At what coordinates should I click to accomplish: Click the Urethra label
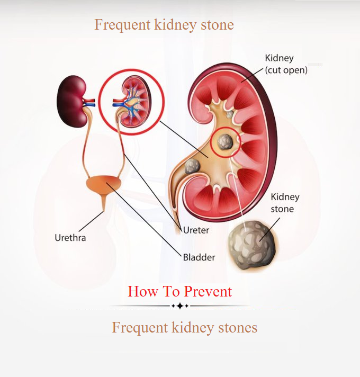pyautogui.click(x=70, y=238)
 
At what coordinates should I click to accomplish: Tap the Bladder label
pyautogui.click(x=199, y=257)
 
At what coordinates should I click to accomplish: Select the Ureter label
pyautogui.click(x=196, y=230)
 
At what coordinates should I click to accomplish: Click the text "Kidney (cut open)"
pyautogui.click(x=286, y=64)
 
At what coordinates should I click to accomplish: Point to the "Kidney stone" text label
pyautogui.click(x=285, y=203)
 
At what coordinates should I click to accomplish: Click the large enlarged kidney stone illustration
pyautogui.click(x=252, y=245)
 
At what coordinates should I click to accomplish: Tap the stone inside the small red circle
pyautogui.click(x=225, y=142)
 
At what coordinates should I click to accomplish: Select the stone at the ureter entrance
pyautogui.click(x=192, y=166)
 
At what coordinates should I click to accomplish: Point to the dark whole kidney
pyautogui.click(x=71, y=101)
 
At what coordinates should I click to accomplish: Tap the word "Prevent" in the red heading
pyautogui.click(x=208, y=291)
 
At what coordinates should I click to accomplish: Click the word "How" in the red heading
pyautogui.click(x=143, y=291)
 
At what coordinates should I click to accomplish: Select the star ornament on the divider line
pyautogui.click(x=180, y=306)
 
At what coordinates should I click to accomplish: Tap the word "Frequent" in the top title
pyautogui.click(x=123, y=25)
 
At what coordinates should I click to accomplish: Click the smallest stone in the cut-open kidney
pyautogui.click(x=230, y=114)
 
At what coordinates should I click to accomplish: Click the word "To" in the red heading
pyautogui.click(x=171, y=291)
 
